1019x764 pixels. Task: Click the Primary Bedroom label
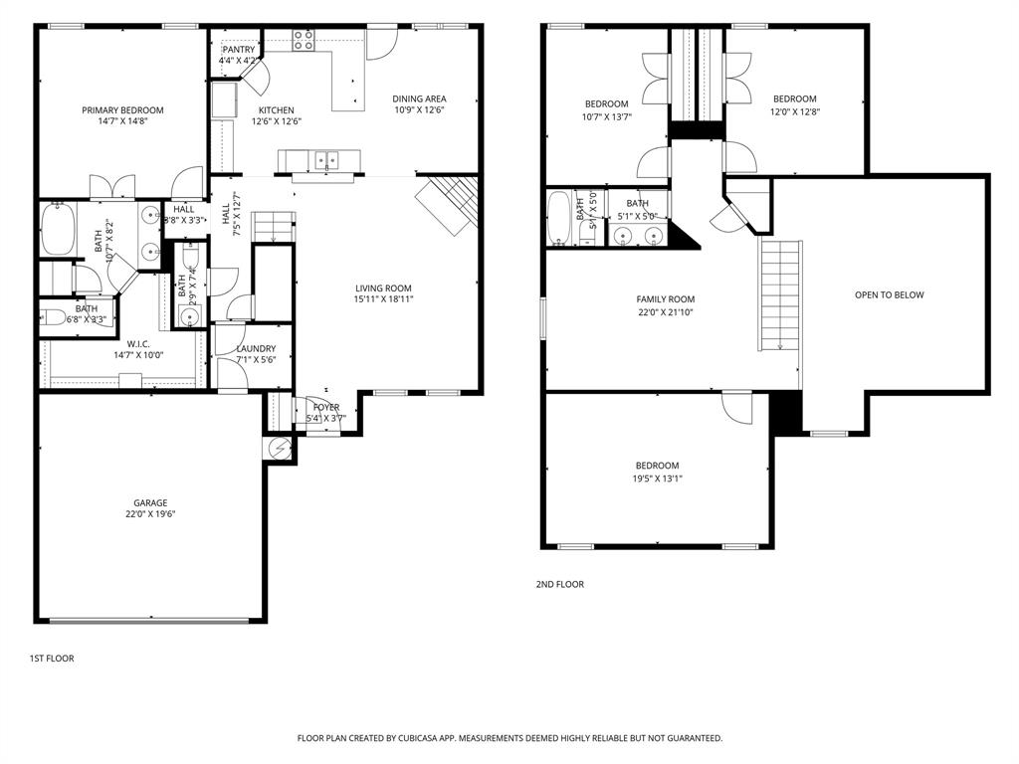tap(122, 110)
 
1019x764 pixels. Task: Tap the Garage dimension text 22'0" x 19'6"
tap(151, 514)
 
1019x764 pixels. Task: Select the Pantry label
tap(239, 50)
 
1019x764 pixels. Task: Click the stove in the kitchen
tap(304, 41)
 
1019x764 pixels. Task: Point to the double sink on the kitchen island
tap(325, 159)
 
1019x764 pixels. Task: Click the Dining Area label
tap(419, 98)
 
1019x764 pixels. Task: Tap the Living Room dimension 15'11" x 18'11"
tap(383, 298)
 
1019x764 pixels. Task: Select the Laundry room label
tap(256, 348)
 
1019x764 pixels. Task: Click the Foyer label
tap(326, 407)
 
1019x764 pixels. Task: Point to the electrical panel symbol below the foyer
tap(280, 449)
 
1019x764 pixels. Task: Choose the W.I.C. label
tap(138, 343)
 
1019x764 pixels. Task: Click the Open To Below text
tap(889, 294)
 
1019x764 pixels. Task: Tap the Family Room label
tap(666, 299)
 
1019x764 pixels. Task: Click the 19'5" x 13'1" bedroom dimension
tap(658, 477)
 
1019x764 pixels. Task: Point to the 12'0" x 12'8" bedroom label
tap(794, 98)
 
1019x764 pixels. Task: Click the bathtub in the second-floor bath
tap(558, 219)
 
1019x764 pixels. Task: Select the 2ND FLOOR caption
tap(559, 584)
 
